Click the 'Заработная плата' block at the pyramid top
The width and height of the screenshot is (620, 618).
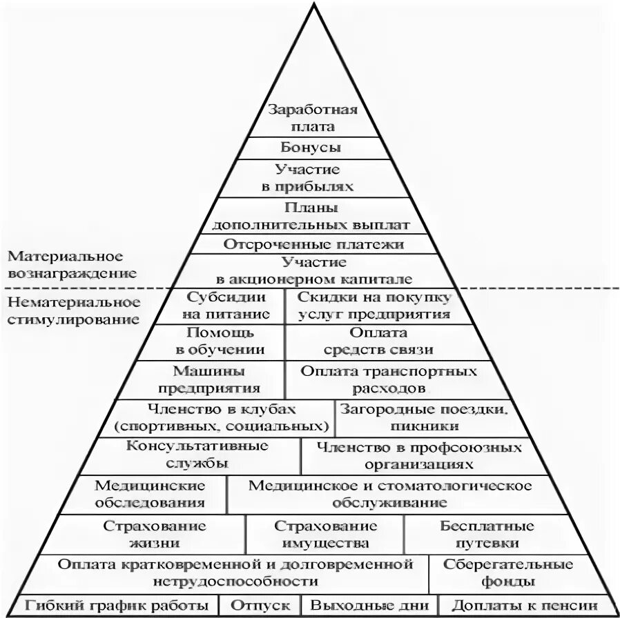tap(312, 118)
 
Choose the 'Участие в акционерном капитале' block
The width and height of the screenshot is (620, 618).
tap(313, 270)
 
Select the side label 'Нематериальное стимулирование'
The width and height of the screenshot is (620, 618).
tap(73, 310)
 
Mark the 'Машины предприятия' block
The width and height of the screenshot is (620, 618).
tap(217, 379)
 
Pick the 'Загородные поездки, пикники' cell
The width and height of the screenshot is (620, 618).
tap(425, 417)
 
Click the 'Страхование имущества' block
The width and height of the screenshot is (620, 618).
tap(325, 534)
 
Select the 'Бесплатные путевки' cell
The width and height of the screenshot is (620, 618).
tap(487, 534)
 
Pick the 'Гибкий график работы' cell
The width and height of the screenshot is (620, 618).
tap(119, 606)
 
